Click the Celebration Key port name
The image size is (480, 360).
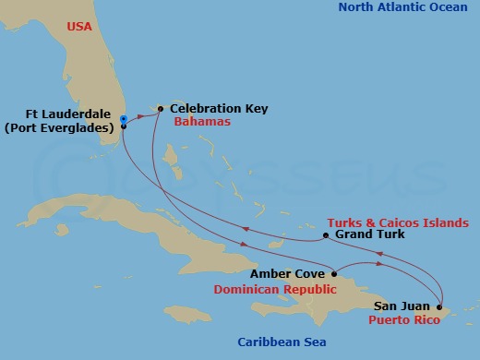(219, 108)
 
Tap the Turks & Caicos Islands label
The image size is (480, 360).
(398, 222)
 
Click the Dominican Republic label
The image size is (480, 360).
(274, 289)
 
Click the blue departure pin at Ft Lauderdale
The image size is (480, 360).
(123, 118)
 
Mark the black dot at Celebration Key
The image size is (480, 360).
(161, 109)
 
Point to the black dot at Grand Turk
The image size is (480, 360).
(326, 235)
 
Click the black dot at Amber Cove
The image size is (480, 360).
(332, 274)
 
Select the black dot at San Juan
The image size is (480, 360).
(438, 306)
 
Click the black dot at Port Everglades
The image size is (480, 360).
(123, 126)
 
